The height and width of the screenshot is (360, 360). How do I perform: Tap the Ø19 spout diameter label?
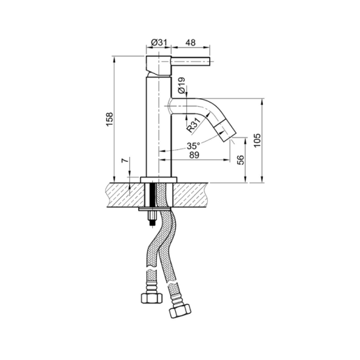(x=181, y=86)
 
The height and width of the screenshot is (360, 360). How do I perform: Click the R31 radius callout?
(x=193, y=125)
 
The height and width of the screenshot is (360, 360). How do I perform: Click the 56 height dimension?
(x=241, y=160)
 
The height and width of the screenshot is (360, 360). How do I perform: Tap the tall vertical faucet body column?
(x=156, y=126)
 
